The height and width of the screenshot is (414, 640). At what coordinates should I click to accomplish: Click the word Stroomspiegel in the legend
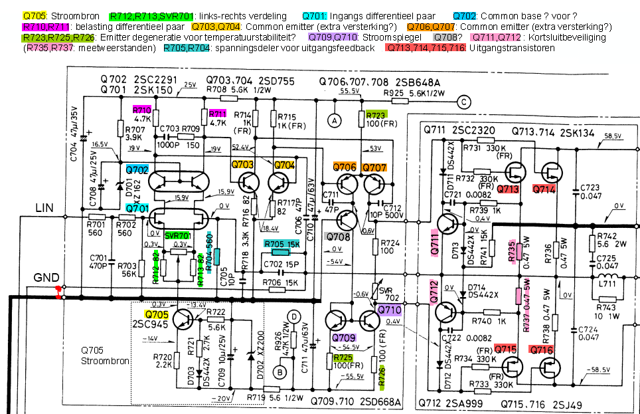coord(392,37)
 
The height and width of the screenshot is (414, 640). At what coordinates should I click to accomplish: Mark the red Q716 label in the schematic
coord(541,350)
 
